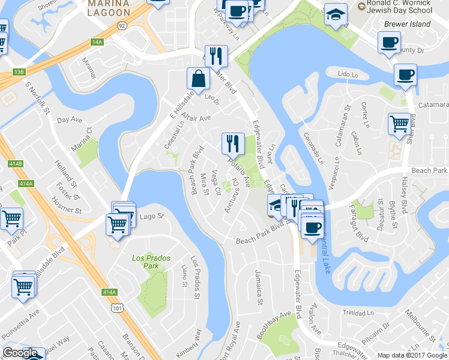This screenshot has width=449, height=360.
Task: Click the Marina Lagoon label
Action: pyautogui.click(x=108, y=8)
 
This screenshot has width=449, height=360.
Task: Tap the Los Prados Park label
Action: pyautogui.click(x=151, y=262)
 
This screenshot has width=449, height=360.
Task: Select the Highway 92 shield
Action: pyautogui.click(x=121, y=26)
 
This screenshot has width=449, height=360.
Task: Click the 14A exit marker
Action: pyautogui.click(x=98, y=42)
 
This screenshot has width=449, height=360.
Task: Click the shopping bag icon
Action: pyautogui.click(x=198, y=79)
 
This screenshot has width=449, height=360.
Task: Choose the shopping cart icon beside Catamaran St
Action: pyautogui.click(x=399, y=124)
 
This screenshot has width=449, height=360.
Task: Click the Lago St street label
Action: pyautogui.click(x=151, y=216)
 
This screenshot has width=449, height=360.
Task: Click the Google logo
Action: pyautogui.click(x=20, y=353)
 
